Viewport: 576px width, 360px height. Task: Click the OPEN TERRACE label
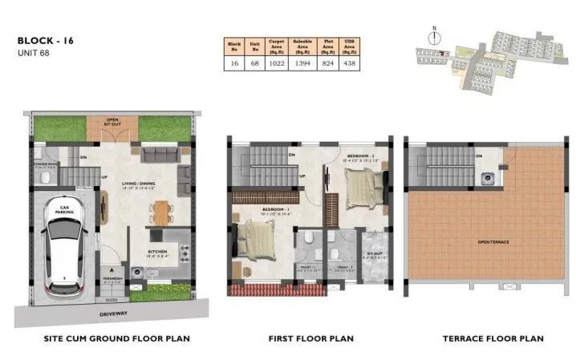point(494,242)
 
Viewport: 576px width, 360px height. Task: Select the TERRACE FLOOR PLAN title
point(493,339)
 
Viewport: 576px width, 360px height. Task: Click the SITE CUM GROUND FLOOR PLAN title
point(116,339)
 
